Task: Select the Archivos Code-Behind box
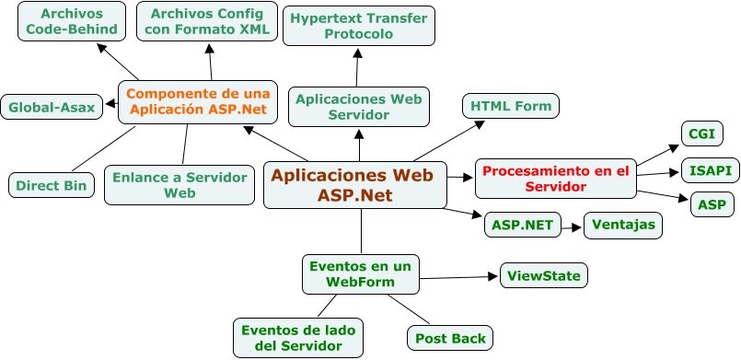[x=72, y=21]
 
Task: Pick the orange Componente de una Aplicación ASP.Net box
[x=198, y=101]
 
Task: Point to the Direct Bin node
[x=52, y=185]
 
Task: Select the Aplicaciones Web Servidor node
[x=358, y=106]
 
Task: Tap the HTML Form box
[x=511, y=106]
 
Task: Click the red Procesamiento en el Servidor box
[x=555, y=179]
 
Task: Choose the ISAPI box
[x=710, y=170]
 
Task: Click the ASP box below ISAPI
[x=712, y=204]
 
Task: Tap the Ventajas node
[x=623, y=224]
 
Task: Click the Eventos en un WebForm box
[x=361, y=273]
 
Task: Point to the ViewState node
[x=543, y=274]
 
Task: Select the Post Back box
[x=450, y=338]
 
